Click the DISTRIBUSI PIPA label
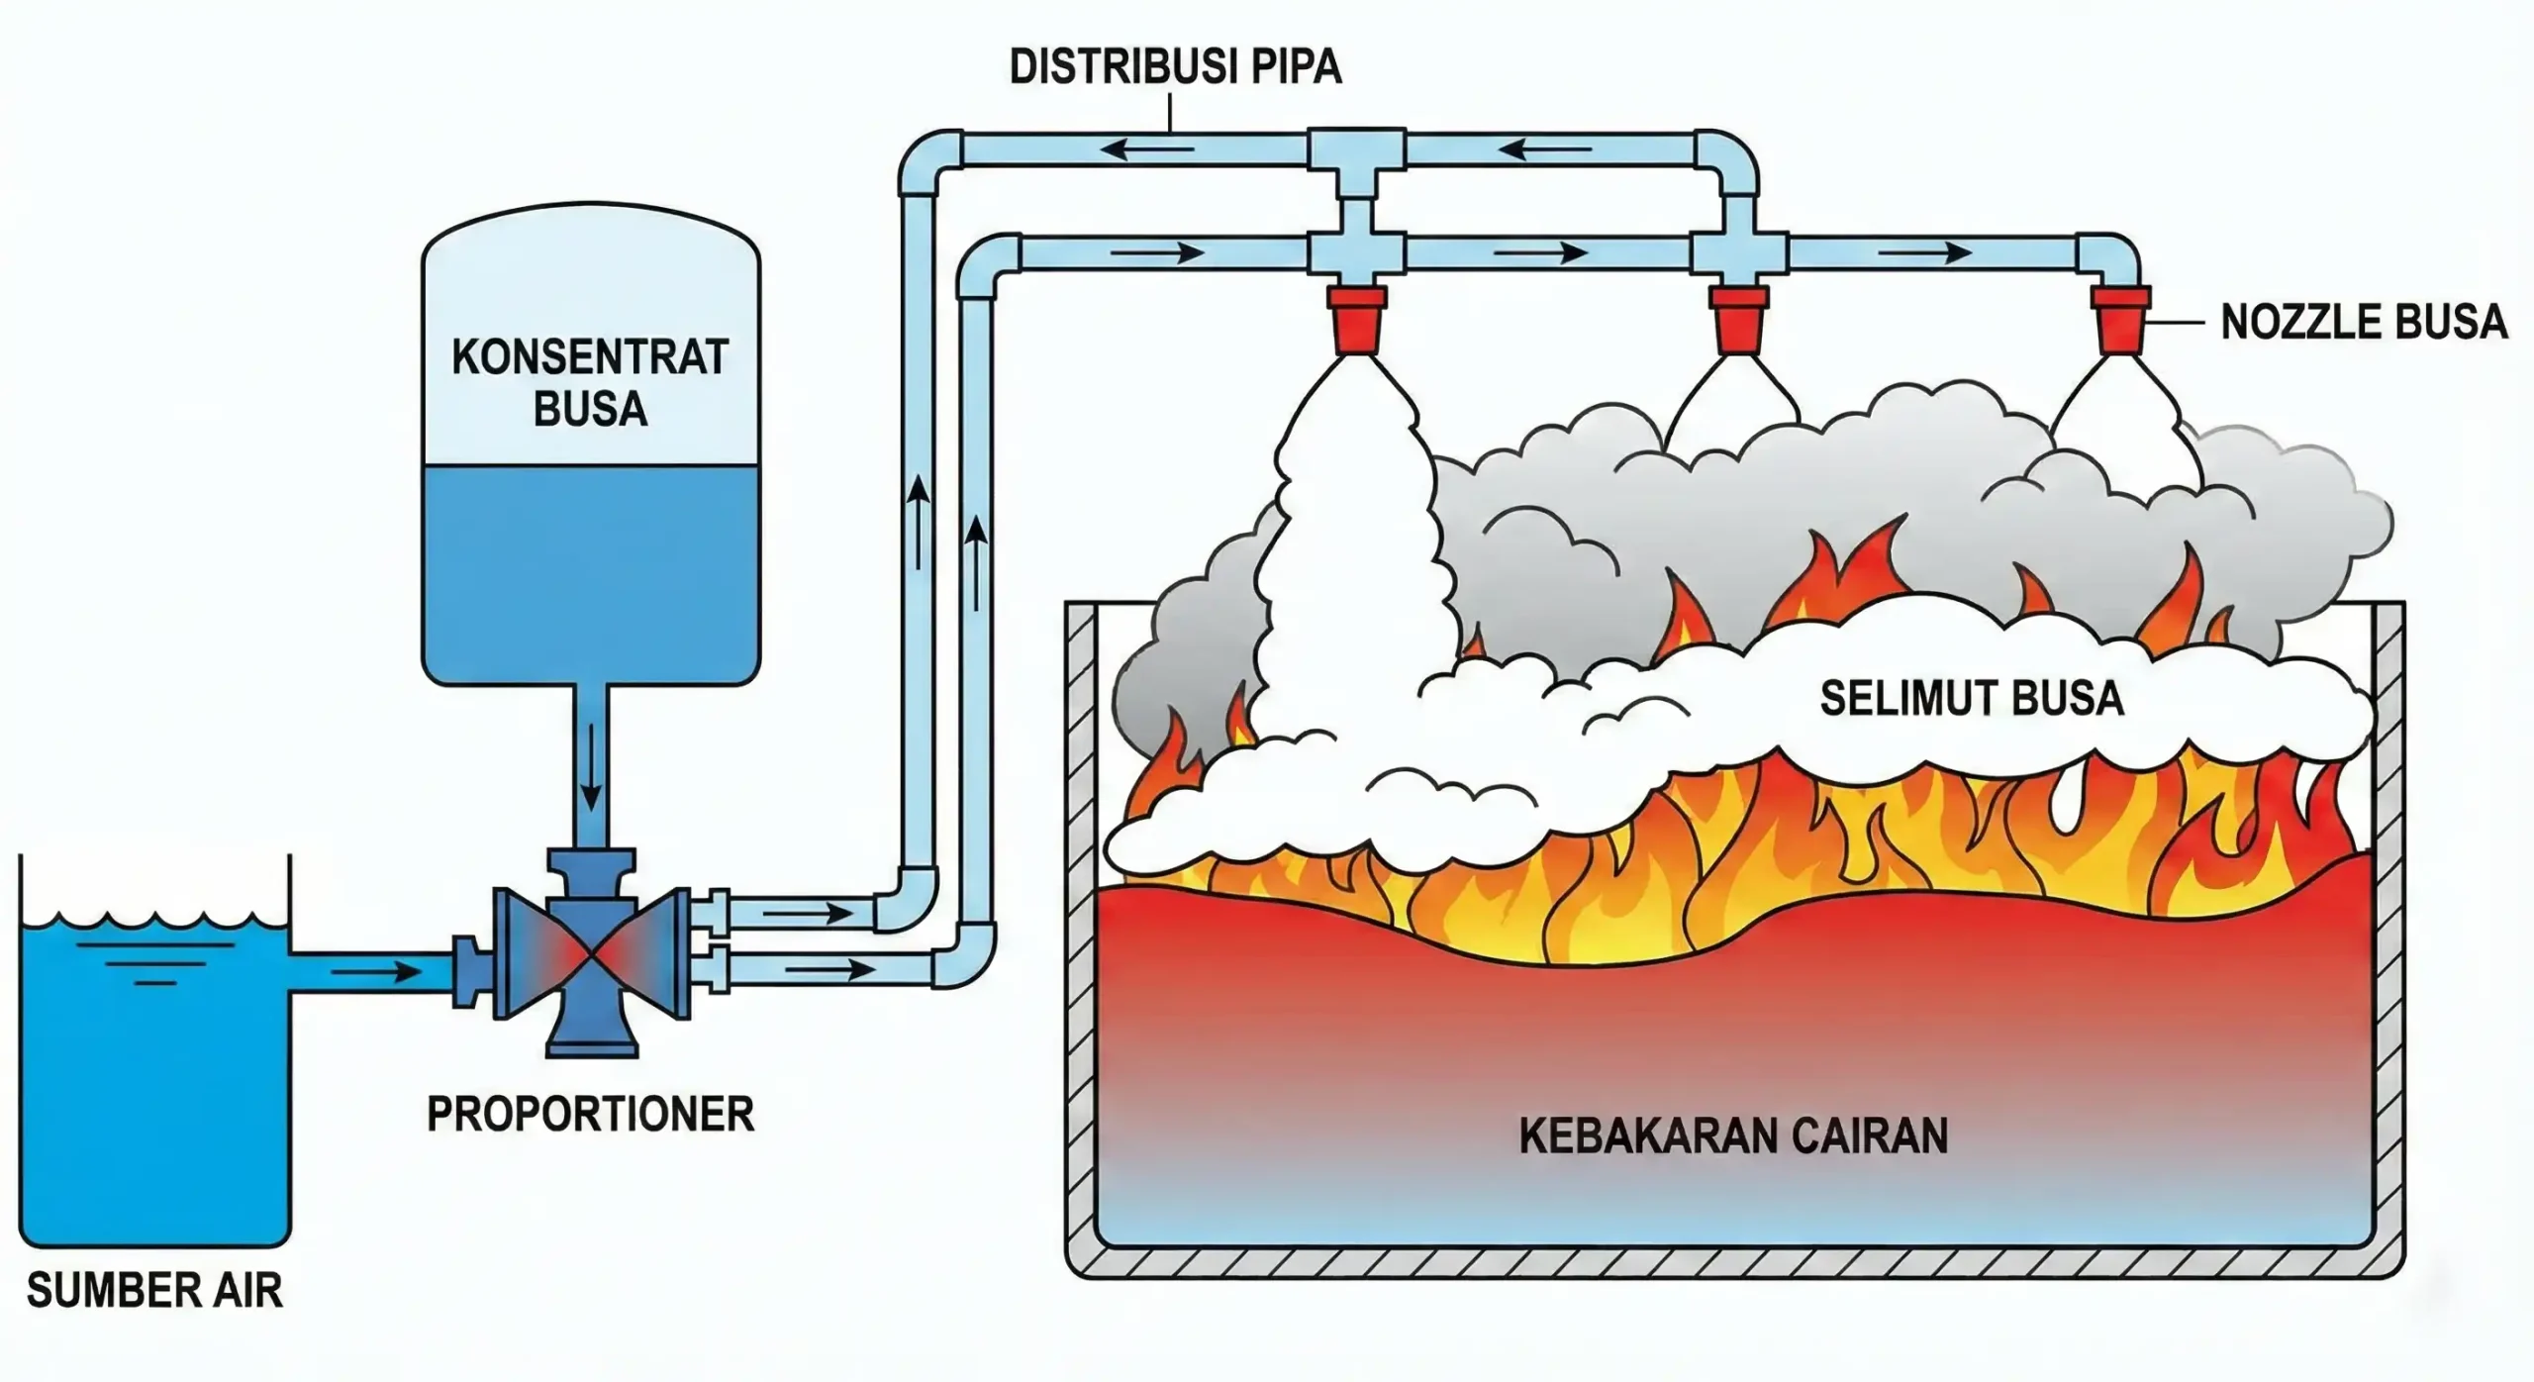click(x=1175, y=67)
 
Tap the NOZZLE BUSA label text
click(x=2363, y=323)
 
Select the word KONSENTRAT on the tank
click(x=590, y=357)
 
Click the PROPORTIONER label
click(x=590, y=1115)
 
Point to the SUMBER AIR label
click(x=154, y=1291)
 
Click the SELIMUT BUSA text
click(x=1972, y=699)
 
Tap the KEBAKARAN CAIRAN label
click(x=1733, y=1136)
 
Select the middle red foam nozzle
click(x=1740, y=319)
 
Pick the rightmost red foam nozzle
click(x=2120, y=319)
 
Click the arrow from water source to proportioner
click(x=376, y=971)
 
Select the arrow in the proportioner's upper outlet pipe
click(x=807, y=912)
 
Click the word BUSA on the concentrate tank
click(x=590, y=409)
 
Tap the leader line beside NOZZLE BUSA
click(x=2178, y=323)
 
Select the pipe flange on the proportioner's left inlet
click(x=467, y=971)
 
